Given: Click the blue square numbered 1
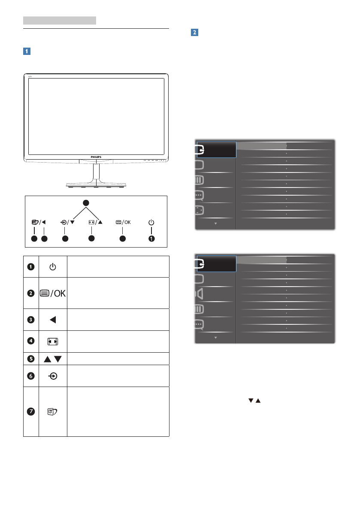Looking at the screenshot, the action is click(x=26, y=51).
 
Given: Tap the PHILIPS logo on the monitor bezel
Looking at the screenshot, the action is click(x=96, y=157).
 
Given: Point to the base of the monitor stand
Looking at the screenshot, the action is click(x=96, y=184).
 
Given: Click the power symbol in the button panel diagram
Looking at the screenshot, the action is click(x=151, y=223).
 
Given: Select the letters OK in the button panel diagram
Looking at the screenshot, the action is click(x=125, y=223).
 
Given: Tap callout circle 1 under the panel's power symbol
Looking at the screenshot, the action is click(x=151, y=239).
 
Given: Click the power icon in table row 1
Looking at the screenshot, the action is click(x=53, y=267).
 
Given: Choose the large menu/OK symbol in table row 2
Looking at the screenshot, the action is click(x=53, y=293).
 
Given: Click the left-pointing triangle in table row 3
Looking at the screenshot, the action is click(x=53, y=319).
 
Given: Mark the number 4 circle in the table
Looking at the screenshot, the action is click(x=31, y=342).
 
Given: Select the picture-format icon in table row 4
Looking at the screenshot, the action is click(x=53, y=342).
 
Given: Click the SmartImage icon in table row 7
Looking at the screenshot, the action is click(x=53, y=412).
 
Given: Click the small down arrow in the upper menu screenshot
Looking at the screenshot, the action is click(x=216, y=224).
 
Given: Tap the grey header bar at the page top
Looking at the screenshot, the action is click(x=59, y=20).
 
